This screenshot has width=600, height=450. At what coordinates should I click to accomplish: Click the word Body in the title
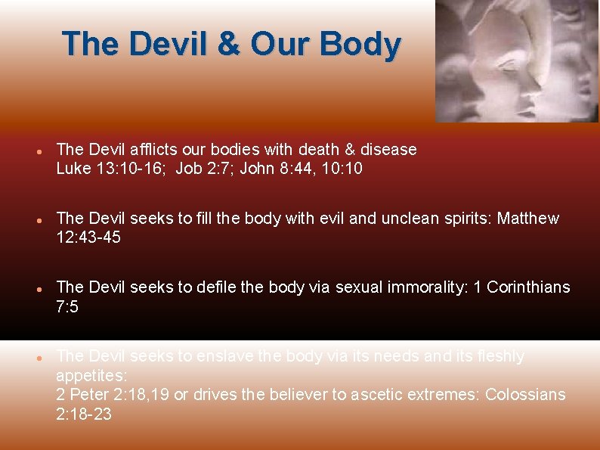360,44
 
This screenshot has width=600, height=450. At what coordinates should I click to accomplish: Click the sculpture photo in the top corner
516,61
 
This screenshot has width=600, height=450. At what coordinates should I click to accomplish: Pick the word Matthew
528,219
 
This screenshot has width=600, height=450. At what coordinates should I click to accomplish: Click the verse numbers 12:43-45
88,237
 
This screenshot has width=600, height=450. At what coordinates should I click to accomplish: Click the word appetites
91,375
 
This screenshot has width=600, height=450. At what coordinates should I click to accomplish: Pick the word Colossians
525,395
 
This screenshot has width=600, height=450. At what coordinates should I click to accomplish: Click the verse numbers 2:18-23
84,414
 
